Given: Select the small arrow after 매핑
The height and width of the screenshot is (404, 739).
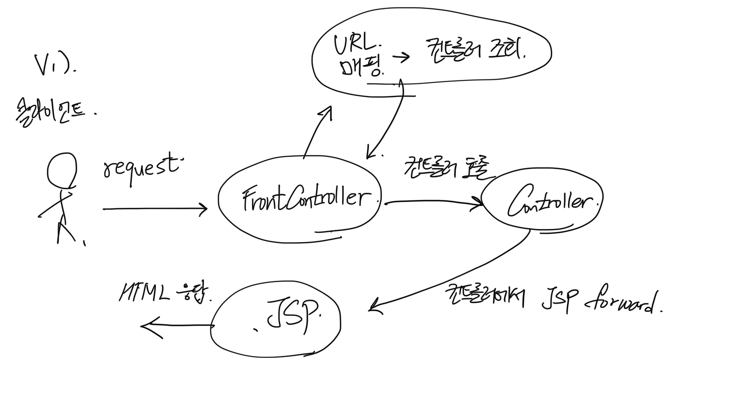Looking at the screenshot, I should point(401,57).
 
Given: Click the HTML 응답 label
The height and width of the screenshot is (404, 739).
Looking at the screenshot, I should point(164,293).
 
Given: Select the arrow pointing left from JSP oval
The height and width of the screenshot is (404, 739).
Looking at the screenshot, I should point(176,326).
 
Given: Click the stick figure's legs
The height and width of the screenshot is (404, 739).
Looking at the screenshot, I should point(65,232).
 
